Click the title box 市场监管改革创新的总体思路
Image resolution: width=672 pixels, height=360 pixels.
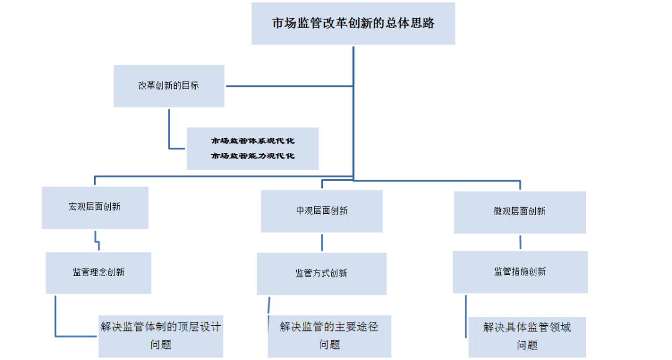click(x=353, y=24)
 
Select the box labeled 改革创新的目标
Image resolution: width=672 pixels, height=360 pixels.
click(x=169, y=86)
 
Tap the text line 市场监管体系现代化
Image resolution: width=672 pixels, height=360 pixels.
click(x=253, y=141)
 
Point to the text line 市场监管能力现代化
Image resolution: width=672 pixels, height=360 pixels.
click(x=253, y=156)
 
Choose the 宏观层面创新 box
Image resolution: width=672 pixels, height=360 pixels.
click(x=95, y=207)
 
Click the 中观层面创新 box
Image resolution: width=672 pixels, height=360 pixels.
click(x=322, y=211)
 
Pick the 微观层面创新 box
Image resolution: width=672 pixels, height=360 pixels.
click(x=520, y=211)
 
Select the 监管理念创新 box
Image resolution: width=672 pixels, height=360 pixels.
click(x=98, y=272)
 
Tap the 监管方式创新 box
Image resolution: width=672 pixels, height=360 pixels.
click(x=322, y=274)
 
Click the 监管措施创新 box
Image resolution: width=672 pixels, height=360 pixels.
click(x=520, y=272)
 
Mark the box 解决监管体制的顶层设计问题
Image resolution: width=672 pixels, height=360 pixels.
click(x=161, y=336)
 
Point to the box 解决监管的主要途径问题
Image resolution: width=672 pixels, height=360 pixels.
click(x=329, y=336)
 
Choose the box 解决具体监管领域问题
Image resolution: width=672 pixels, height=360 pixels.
click(x=527, y=336)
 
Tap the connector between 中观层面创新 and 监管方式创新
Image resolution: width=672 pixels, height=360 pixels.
click(x=322, y=242)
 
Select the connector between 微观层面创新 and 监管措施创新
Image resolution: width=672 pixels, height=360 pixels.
click(x=520, y=242)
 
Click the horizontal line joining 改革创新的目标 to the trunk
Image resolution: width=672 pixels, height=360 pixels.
click(x=289, y=86)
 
